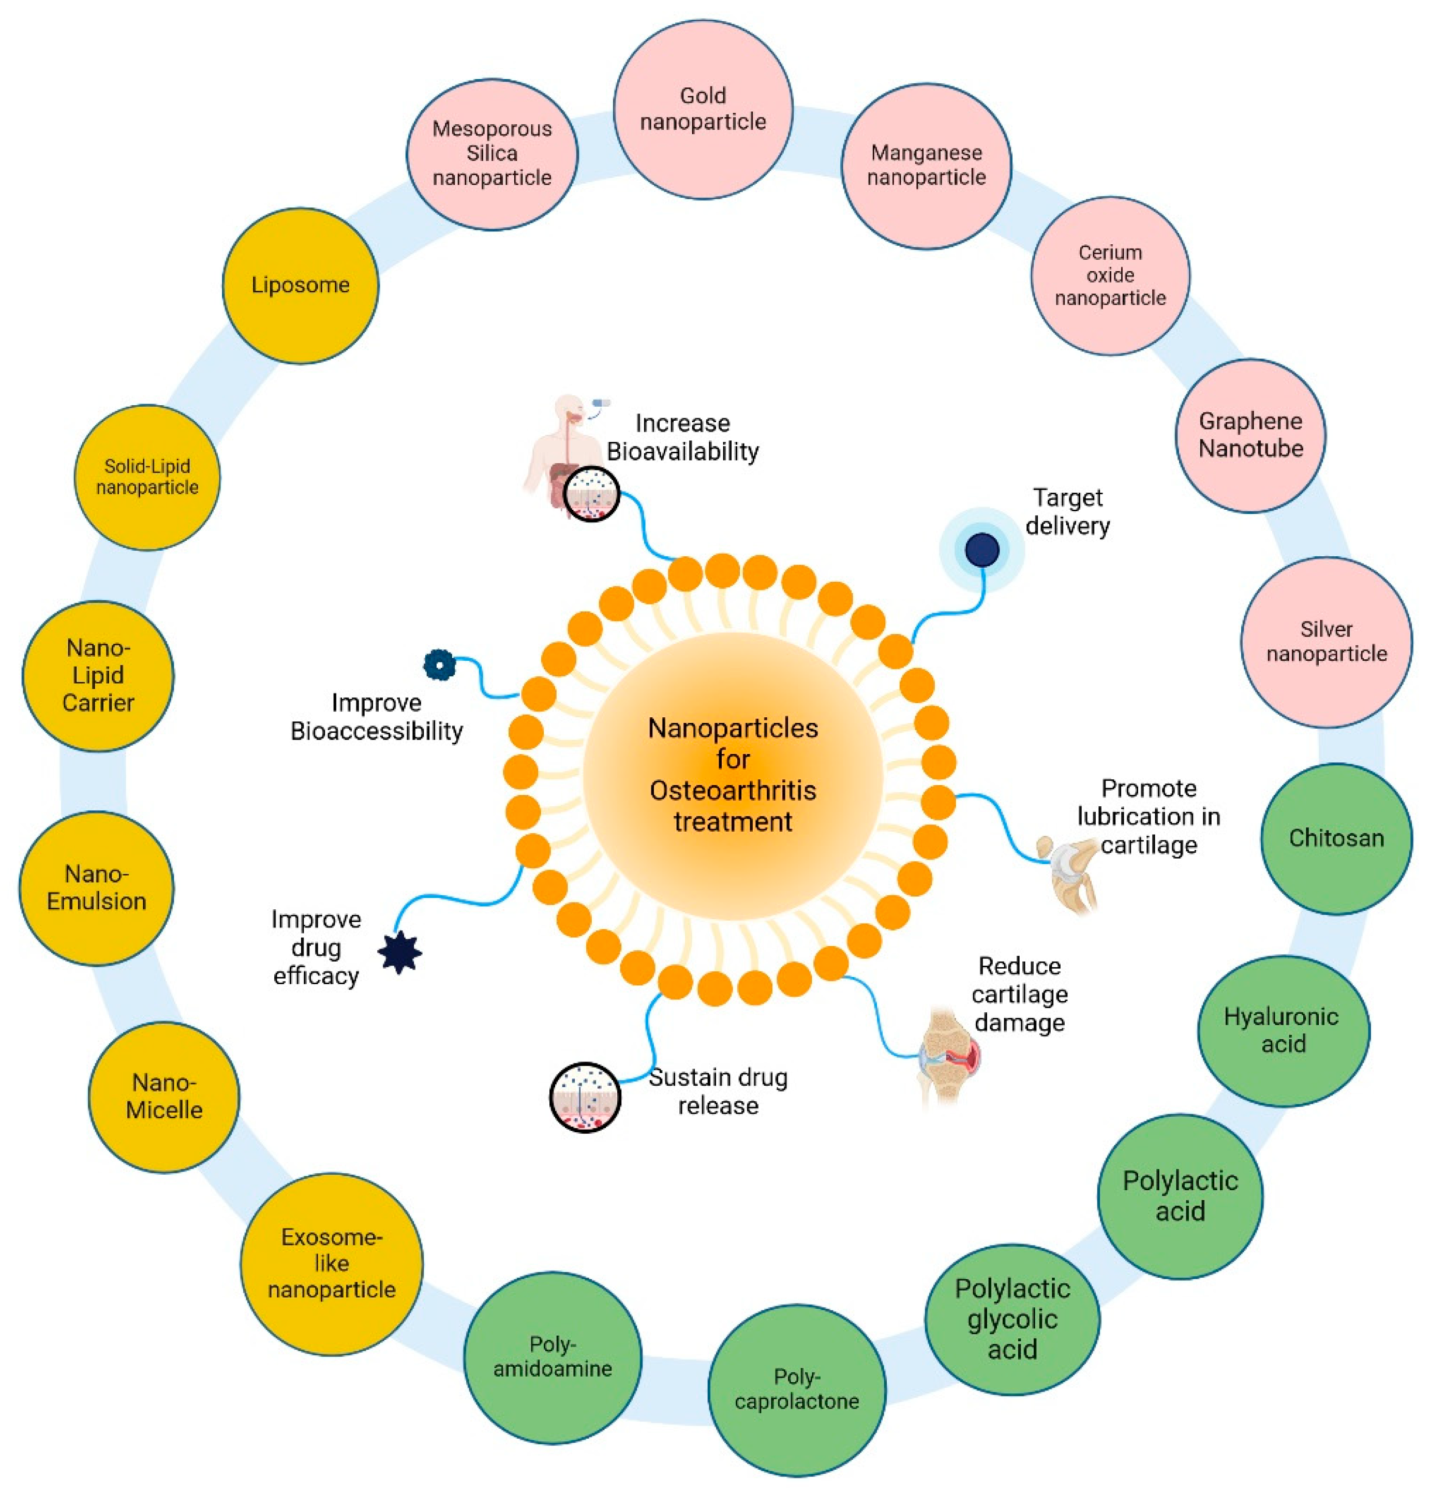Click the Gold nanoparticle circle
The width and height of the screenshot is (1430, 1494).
(703, 110)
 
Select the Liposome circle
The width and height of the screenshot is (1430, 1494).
(300, 286)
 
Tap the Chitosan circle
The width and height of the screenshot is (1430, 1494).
(1336, 838)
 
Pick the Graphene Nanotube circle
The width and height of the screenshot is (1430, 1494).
(1251, 435)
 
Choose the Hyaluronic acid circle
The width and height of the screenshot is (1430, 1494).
(1284, 1030)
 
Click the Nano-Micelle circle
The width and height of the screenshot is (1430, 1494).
(164, 1097)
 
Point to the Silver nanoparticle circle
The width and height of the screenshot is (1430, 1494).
(1327, 642)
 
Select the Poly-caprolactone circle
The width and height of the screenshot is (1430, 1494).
(797, 1389)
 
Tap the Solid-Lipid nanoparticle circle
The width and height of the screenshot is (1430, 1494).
(147, 477)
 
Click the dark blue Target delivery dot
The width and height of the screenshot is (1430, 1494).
(982, 550)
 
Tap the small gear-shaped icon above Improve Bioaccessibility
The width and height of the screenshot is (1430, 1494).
(440, 664)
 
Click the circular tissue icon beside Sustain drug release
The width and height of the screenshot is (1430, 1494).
(585, 1098)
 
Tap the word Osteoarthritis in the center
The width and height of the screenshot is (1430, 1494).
(733, 790)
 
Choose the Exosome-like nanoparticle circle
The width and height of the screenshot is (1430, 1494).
(332, 1263)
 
